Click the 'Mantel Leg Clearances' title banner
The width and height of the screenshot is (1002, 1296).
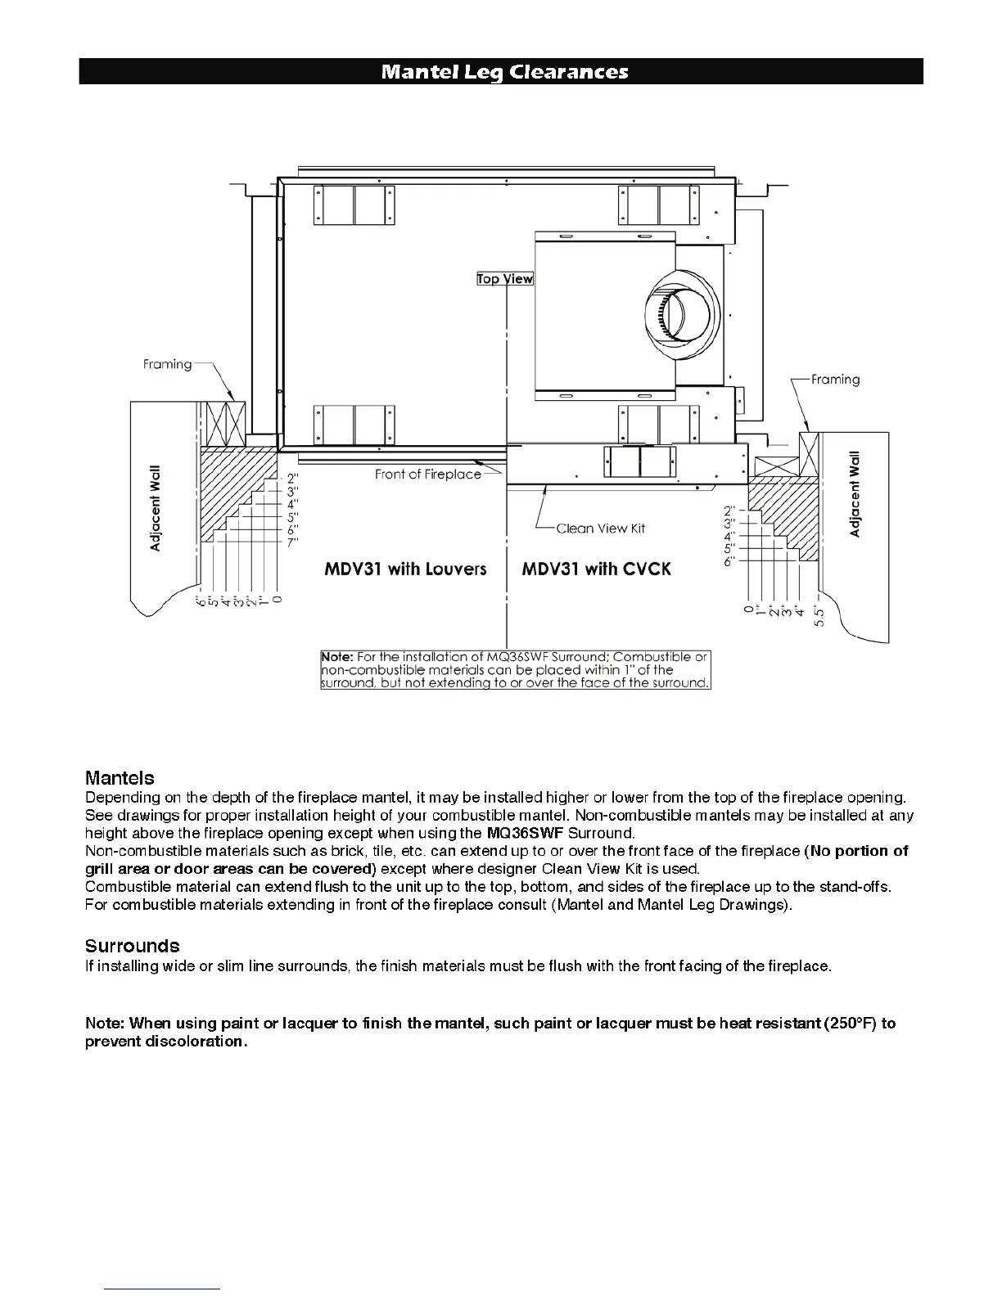(x=504, y=72)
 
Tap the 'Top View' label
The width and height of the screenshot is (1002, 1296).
(x=505, y=279)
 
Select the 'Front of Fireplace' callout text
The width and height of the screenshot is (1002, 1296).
(x=427, y=475)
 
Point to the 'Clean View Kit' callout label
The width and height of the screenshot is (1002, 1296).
(x=600, y=529)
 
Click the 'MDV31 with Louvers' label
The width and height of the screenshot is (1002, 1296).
(x=405, y=569)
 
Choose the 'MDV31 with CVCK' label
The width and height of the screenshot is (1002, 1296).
(x=596, y=569)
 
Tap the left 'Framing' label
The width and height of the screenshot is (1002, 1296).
(x=167, y=364)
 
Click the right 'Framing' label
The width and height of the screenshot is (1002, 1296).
(x=835, y=380)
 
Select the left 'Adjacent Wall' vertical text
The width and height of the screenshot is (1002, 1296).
(x=156, y=508)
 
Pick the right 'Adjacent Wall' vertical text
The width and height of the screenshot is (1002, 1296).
(x=855, y=494)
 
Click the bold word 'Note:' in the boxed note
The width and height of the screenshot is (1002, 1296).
(x=337, y=657)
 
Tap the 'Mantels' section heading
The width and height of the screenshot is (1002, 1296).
(x=120, y=778)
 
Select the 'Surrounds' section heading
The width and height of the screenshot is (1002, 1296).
(x=132, y=946)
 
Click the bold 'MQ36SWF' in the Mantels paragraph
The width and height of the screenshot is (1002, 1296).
(x=524, y=834)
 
